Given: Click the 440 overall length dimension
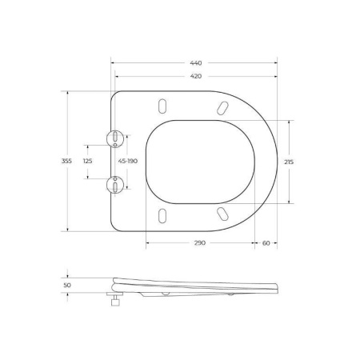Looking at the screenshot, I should pos(196,62).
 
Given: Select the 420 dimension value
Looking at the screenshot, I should pos(196,78).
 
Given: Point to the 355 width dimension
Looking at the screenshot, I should pos(66,161).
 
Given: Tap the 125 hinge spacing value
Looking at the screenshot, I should pos(88,161).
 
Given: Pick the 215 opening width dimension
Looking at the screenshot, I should pos(288,161).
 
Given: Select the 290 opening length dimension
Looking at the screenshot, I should pos(198,242).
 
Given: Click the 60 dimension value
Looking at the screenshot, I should pos(266,242).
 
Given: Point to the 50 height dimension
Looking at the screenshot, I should pos(66,283).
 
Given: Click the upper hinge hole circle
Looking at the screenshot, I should pos(116,138).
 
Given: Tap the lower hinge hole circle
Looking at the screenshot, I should pos(116,185).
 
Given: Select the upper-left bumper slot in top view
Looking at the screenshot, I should pos(163,106).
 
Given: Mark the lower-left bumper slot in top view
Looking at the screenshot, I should pos(163,214).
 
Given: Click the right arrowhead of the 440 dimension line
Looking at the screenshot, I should pos(277,62).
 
